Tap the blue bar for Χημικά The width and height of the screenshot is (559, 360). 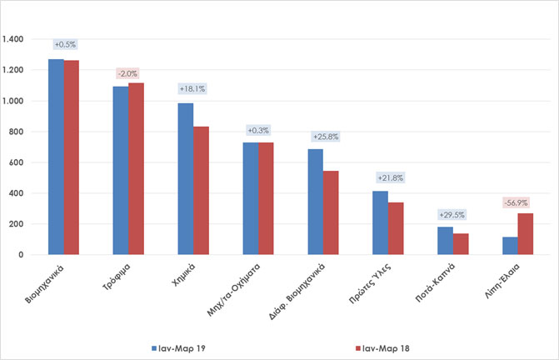click(x=185, y=179)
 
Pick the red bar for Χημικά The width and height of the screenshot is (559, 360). click(x=201, y=191)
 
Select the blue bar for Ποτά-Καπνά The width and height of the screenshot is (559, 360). click(x=445, y=241)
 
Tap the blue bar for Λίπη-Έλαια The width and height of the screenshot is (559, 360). click(x=510, y=246)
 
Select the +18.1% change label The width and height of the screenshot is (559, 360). click(x=193, y=88)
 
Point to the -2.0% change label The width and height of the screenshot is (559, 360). click(x=128, y=74)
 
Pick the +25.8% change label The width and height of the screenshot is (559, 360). click(x=322, y=136)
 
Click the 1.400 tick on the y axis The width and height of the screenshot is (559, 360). click(x=14, y=39)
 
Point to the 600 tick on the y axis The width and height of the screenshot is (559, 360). click(x=18, y=162)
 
